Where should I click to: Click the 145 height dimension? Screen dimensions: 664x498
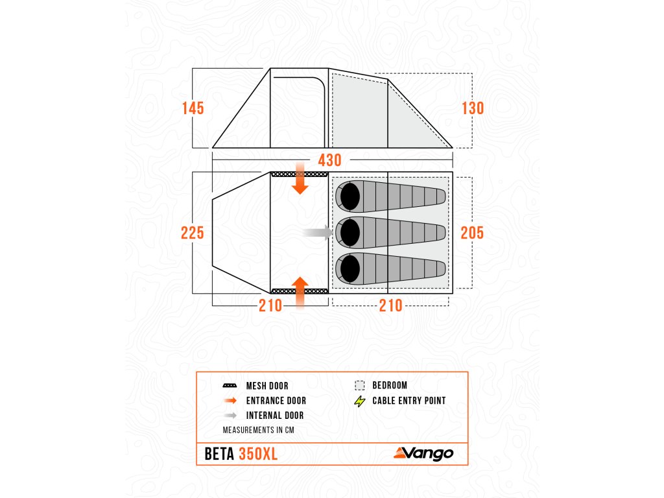click(x=193, y=108)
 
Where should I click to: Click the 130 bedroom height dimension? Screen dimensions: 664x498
click(x=473, y=108)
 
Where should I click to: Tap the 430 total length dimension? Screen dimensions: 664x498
click(x=331, y=160)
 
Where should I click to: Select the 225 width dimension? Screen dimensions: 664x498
click(x=193, y=232)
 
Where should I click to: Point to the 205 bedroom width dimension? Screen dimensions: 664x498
click(x=472, y=232)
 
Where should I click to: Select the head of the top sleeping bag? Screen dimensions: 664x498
click(x=350, y=196)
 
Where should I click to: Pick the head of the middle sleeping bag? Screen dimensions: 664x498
click(x=350, y=232)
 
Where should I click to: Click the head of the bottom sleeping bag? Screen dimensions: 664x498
click(x=350, y=268)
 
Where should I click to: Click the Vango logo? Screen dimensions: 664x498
click(x=423, y=453)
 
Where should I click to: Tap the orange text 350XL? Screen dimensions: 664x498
click(x=258, y=454)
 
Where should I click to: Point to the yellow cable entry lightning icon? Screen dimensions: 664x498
click(x=360, y=401)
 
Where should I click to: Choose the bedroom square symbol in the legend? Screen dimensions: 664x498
click(x=360, y=385)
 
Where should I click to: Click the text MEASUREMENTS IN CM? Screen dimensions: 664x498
click(x=255, y=430)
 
